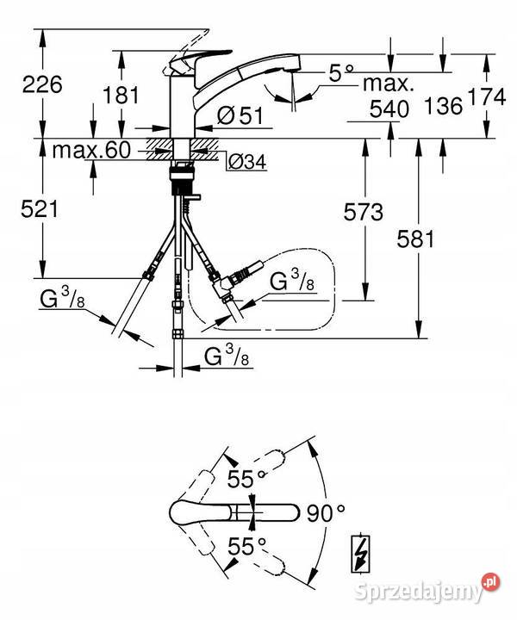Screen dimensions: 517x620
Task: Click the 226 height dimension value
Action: [x=42, y=84]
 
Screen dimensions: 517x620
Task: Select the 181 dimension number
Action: [x=121, y=96]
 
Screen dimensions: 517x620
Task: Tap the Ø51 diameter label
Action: [x=240, y=115]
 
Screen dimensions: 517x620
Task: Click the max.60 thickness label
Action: [x=91, y=150]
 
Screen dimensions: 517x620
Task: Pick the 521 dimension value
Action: [x=40, y=208]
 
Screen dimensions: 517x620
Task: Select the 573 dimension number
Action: [x=363, y=212]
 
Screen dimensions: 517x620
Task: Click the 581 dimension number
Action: [x=415, y=239]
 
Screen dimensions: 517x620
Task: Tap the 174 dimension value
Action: [x=487, y=96]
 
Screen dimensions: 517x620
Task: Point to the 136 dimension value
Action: [x=443, y=106]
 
